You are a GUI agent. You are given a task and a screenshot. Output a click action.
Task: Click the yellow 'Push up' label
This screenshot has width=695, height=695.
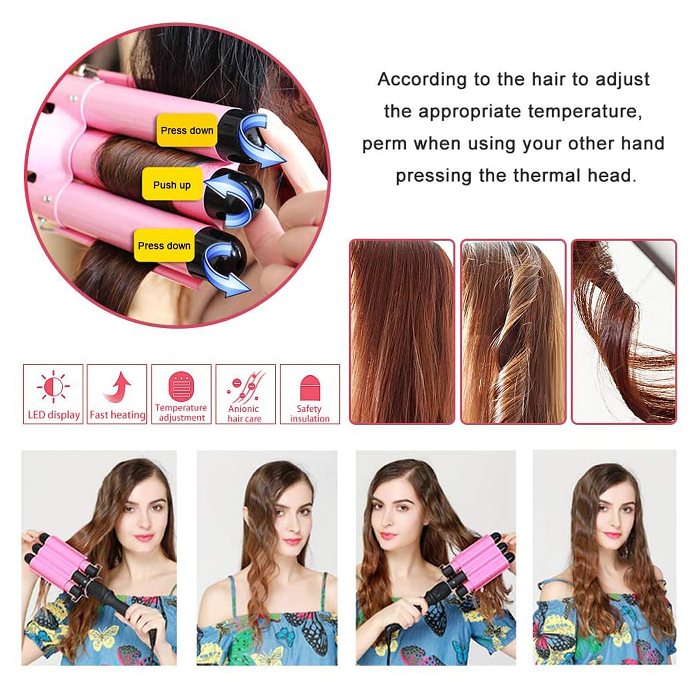click(x=172, y=185)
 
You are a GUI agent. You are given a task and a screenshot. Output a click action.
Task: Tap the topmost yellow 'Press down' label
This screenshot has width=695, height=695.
click(x=187, y=130)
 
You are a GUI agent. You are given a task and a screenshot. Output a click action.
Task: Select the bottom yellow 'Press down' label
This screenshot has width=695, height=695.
click(x=164, y=245)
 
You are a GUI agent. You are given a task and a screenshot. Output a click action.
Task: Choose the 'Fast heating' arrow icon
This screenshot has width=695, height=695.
click(x=117, y=387)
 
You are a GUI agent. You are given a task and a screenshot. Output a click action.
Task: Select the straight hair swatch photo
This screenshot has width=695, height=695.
click(x=402, y=331)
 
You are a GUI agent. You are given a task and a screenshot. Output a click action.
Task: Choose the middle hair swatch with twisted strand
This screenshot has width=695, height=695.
click(x=513, y=331)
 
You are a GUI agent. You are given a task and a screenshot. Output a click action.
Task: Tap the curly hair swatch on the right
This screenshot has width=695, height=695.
click(x=624, y=331)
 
